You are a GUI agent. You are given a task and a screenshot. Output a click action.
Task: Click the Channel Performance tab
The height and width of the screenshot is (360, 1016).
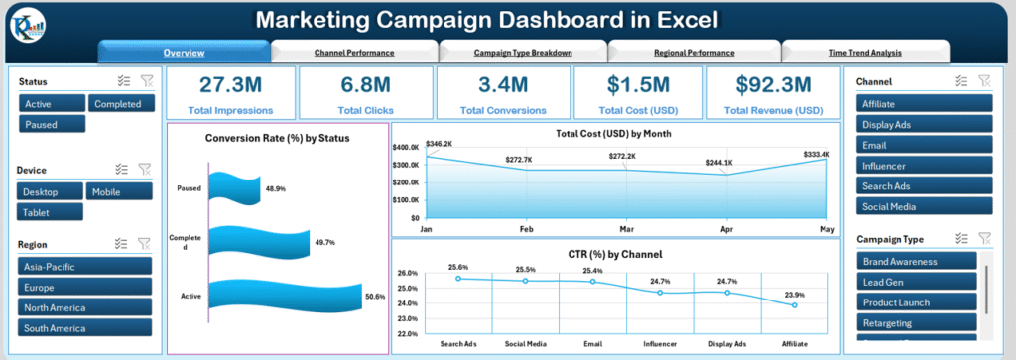[354, 52]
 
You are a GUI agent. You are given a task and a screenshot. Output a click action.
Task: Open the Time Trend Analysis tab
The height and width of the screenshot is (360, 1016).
[865, 52]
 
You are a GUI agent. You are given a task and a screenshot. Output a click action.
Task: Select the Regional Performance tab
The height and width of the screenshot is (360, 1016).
[694, 52]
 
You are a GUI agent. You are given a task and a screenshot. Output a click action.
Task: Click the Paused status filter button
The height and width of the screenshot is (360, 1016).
[52, 124]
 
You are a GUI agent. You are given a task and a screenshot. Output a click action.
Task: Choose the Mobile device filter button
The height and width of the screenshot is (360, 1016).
[119, 191]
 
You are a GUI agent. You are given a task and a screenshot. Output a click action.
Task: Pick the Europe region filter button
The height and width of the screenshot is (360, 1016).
[84, 286]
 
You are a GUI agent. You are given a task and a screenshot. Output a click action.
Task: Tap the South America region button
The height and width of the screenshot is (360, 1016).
[84, 327]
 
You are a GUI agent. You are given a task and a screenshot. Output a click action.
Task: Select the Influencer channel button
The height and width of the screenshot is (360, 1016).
[925, 166]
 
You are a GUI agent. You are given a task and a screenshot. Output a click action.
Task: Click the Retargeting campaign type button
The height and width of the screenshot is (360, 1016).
[919, 323]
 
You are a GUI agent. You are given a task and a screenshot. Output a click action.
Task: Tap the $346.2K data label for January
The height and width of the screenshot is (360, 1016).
[441, 144]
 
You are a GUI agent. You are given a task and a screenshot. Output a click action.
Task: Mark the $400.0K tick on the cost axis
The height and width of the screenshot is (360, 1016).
[406, 148]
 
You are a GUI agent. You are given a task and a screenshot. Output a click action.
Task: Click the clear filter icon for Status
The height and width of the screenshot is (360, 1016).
[146, 82]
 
